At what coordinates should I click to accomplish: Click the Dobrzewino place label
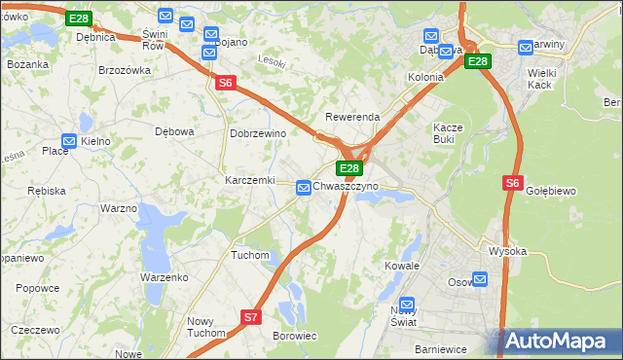(x=257, y=133)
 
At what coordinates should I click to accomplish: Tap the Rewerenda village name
(x=352, y=117)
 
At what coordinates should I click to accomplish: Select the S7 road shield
(x=251, y=316)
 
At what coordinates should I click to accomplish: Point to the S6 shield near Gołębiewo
(x=514, y=182)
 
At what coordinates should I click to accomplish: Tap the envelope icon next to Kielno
(x=69, y=141)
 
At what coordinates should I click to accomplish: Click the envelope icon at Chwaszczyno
(x=304, y=186)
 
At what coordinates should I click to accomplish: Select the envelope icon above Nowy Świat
(x=407, y=305)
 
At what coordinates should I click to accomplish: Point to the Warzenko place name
(x=164, y=277)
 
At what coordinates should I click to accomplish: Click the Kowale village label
(x=401, y=265)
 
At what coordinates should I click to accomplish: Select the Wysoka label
(x=507, y=251)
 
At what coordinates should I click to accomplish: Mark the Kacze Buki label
(x=451, y=132)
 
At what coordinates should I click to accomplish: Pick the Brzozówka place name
(x=125, y=70)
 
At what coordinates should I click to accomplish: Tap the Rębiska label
(x=46, y=191)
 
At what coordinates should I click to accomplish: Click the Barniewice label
(x=441, y=348)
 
